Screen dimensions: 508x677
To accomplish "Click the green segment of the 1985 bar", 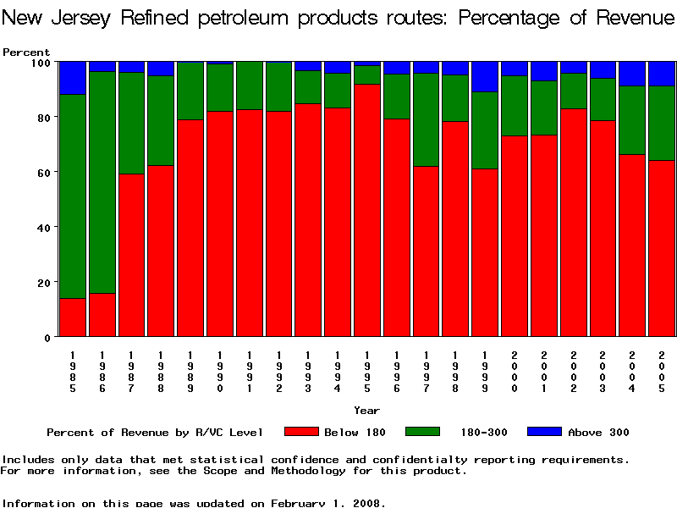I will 73,196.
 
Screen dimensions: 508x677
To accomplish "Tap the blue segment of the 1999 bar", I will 485,76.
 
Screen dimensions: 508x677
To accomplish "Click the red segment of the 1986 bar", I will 102,315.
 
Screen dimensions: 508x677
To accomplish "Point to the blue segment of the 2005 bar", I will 662,74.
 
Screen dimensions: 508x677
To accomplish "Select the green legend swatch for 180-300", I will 423,432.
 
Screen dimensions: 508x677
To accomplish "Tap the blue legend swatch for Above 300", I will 544,432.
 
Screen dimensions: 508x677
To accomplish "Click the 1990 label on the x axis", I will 220,373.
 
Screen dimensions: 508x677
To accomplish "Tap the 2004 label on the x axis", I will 633,373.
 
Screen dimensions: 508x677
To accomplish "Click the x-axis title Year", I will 366,411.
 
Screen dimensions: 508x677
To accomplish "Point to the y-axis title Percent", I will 26,52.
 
